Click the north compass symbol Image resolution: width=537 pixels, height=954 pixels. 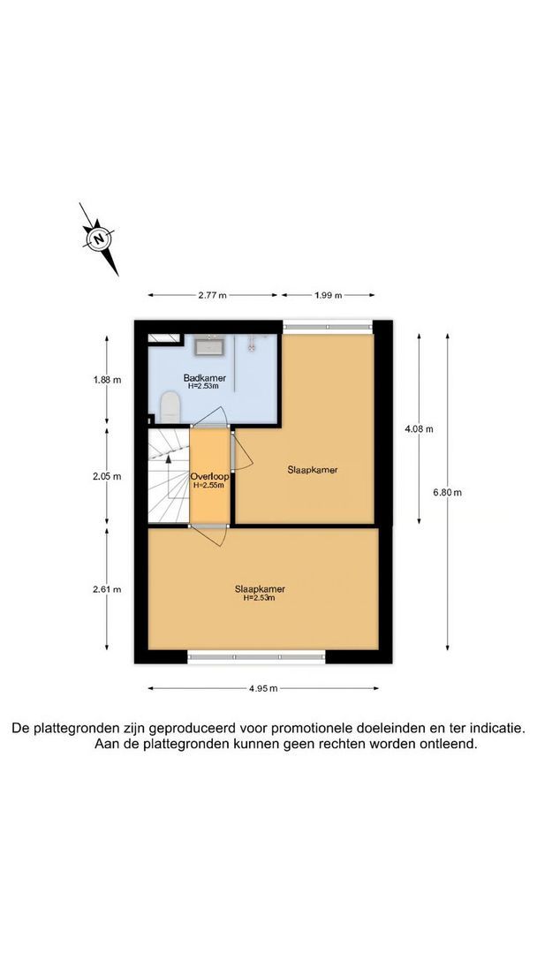click(100, 238)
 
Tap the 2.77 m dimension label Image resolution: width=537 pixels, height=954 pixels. click(212, 295)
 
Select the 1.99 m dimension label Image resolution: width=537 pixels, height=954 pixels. click(327, 295)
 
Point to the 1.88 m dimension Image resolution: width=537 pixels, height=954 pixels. click(108, 381)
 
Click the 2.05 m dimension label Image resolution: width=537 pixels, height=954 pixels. click(108, 476)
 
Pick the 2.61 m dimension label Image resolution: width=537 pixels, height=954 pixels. click(108, 590)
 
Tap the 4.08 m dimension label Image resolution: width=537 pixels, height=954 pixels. click(419, 429)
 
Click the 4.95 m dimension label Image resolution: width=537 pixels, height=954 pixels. click(262, 689)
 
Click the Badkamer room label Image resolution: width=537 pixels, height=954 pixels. click(205, 378)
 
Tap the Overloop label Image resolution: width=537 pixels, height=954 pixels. click(209, 477)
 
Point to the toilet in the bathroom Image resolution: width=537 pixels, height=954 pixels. click(170, 408)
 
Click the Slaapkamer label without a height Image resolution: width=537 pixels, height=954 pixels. click(314, 470)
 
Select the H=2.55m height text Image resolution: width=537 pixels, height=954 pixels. click(209, 485)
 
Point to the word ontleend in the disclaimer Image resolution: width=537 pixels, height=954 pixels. click(451, 745)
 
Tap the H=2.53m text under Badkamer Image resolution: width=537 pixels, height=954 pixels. click(205, 386)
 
